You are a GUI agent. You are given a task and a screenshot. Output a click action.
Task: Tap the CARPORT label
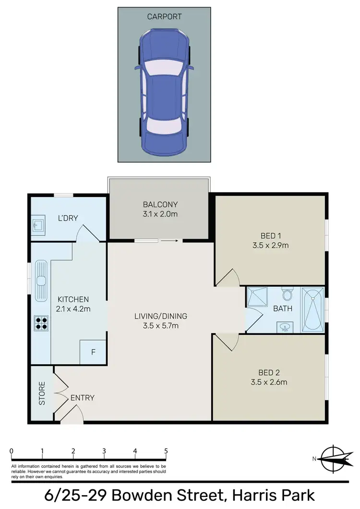click(x=165, y=16)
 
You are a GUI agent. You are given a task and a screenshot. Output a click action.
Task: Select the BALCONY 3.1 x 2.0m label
click(x=160, y=209)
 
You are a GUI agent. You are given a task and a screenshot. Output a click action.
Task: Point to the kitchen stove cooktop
click(x=40, y=323)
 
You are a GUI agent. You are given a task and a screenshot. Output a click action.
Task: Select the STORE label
click(x=42, y=393)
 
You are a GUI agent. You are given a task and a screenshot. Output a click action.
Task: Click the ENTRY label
click(x=82, y=398)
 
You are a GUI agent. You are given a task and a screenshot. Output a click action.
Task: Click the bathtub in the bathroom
click(x=313, y=309)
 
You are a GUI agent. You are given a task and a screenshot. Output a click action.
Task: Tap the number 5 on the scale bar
click(x=166, y=451)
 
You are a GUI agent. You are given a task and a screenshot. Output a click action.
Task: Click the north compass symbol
click(x=332, y=459)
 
